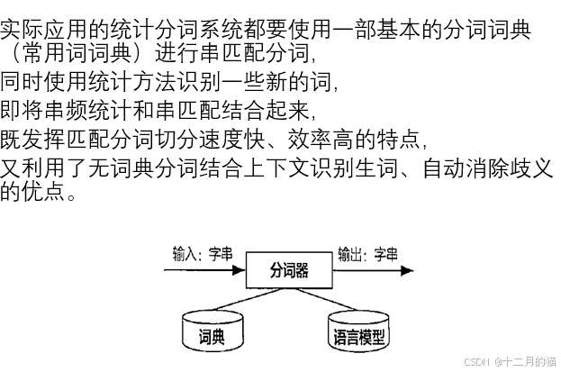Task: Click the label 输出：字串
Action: pyautogui.click(x=367, y=255)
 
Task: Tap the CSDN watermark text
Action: pyautogui.click(x=509, y=361)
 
